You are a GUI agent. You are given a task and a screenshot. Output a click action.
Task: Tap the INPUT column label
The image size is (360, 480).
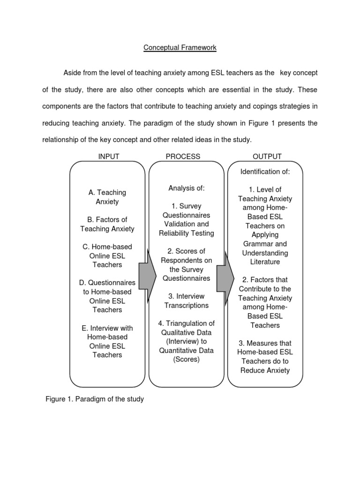[108, 156]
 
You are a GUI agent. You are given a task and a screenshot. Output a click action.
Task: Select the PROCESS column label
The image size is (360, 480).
[183, 156]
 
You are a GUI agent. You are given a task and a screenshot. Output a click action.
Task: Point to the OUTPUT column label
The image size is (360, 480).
[267, 156]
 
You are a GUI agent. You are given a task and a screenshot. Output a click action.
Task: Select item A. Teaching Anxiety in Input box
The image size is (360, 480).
[107, 197]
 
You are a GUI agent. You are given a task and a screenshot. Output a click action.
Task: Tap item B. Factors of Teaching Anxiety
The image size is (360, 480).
[107, 224]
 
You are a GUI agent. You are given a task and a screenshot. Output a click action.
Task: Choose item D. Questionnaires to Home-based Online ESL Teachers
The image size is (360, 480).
[107, 296]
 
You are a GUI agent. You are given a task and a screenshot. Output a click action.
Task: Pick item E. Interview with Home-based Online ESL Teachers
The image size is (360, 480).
[107, 341]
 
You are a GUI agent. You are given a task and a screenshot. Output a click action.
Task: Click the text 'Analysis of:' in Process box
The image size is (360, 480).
[187, 188]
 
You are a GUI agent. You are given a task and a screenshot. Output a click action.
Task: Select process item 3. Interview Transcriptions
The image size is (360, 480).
[187, 300]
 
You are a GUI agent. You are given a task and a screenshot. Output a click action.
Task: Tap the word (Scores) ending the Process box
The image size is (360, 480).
[187, 360]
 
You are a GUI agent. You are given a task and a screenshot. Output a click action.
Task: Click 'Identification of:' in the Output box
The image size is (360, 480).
[265, 172]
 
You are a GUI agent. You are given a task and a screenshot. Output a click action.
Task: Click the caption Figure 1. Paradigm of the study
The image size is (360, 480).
[94, 399]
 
